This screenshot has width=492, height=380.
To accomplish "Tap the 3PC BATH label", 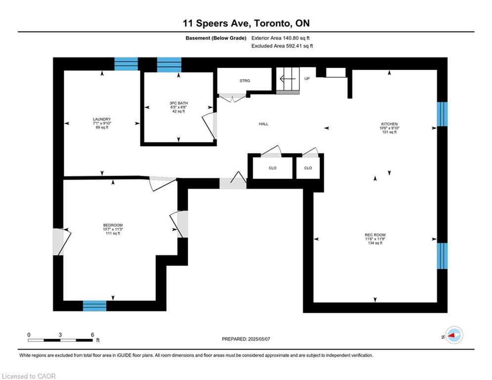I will pos(178,103).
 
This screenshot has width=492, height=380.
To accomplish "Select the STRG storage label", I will pos(245,80).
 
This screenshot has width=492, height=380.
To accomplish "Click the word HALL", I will pos(264,124).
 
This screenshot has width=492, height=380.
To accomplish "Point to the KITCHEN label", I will pos(389,124).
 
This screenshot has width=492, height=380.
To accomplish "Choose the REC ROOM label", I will pos(375,235).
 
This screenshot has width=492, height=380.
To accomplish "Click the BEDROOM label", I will pos(113,225).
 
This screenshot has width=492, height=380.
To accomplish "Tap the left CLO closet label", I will pos(272,168).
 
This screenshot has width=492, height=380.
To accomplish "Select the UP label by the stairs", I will pos(307,78).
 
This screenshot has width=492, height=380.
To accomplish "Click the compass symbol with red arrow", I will pos(453,335).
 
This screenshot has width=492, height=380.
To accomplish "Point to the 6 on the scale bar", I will pos(92,334).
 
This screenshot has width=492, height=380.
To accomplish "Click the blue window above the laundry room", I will pos(126,64).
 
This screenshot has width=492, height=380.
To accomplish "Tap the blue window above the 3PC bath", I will pos(169,64).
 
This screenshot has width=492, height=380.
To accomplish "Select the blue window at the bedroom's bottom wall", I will pos(94,306).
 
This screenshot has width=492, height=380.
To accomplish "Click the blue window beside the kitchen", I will pos(442,115).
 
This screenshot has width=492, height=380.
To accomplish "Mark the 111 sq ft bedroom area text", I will pos(113,234).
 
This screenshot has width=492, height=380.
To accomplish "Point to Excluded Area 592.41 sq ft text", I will pos(282,46).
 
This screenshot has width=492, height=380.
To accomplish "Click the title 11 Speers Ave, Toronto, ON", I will pos(246,23).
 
